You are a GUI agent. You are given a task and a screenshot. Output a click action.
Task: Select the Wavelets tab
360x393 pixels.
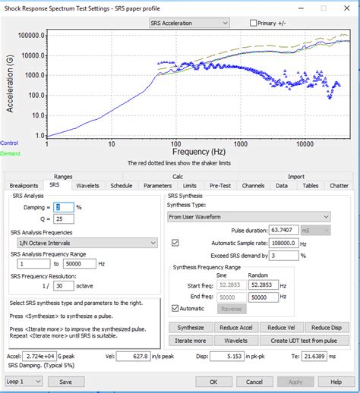(x=87, y=184)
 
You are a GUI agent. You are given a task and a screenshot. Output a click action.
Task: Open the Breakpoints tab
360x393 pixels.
(x=24, y=184)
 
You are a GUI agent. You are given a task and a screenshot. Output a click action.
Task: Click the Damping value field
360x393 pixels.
(x=63, y=207)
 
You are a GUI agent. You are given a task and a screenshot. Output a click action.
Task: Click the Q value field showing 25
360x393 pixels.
(x=63, y=219)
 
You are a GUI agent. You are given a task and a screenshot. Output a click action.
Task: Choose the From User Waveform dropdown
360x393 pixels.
(x=249, y=216)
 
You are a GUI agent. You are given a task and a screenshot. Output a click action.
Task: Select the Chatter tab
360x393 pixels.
(x=339, y=184)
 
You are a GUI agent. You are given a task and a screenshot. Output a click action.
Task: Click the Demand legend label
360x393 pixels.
(x=11, y=153)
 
